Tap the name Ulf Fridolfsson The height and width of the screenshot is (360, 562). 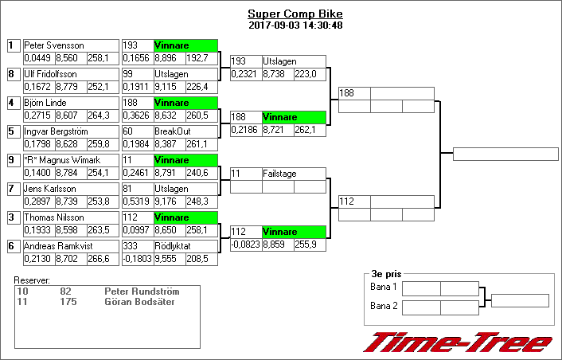point(56,74)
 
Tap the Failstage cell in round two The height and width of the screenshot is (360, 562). point(294,173)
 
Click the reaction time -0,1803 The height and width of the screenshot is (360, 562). point(137,258)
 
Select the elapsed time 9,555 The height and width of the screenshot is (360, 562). point(167,258)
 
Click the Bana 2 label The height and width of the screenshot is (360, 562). point(384,306)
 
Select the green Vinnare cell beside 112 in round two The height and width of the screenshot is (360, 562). point(294,232)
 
